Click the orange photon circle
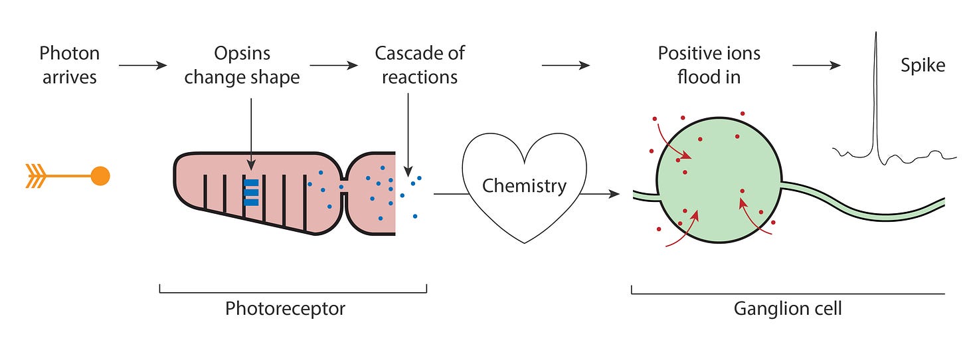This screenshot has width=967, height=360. point(100,176)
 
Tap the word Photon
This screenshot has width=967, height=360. point(70,54)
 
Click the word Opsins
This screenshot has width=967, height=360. point(242,54)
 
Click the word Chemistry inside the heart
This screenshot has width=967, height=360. point(524,186)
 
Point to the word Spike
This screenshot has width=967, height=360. point(923,66)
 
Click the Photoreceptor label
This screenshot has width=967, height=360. point(285,309)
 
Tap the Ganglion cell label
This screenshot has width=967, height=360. point(788,309)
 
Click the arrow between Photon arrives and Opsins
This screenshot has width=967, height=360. point(143,65)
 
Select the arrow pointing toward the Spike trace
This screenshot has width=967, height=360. point(817,65)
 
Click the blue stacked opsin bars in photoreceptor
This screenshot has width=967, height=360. point(251,193)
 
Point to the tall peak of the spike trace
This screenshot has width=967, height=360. point(876,33)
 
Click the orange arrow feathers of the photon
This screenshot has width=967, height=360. point(35,176)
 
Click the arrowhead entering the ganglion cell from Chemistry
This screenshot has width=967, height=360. point(614,194)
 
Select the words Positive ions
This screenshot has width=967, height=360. point(709,54)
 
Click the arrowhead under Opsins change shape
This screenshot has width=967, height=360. point(251,165)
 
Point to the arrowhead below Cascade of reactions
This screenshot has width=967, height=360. point(408,171)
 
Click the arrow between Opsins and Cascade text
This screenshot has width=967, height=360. point(334,65)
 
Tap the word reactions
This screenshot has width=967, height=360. point(420,78)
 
